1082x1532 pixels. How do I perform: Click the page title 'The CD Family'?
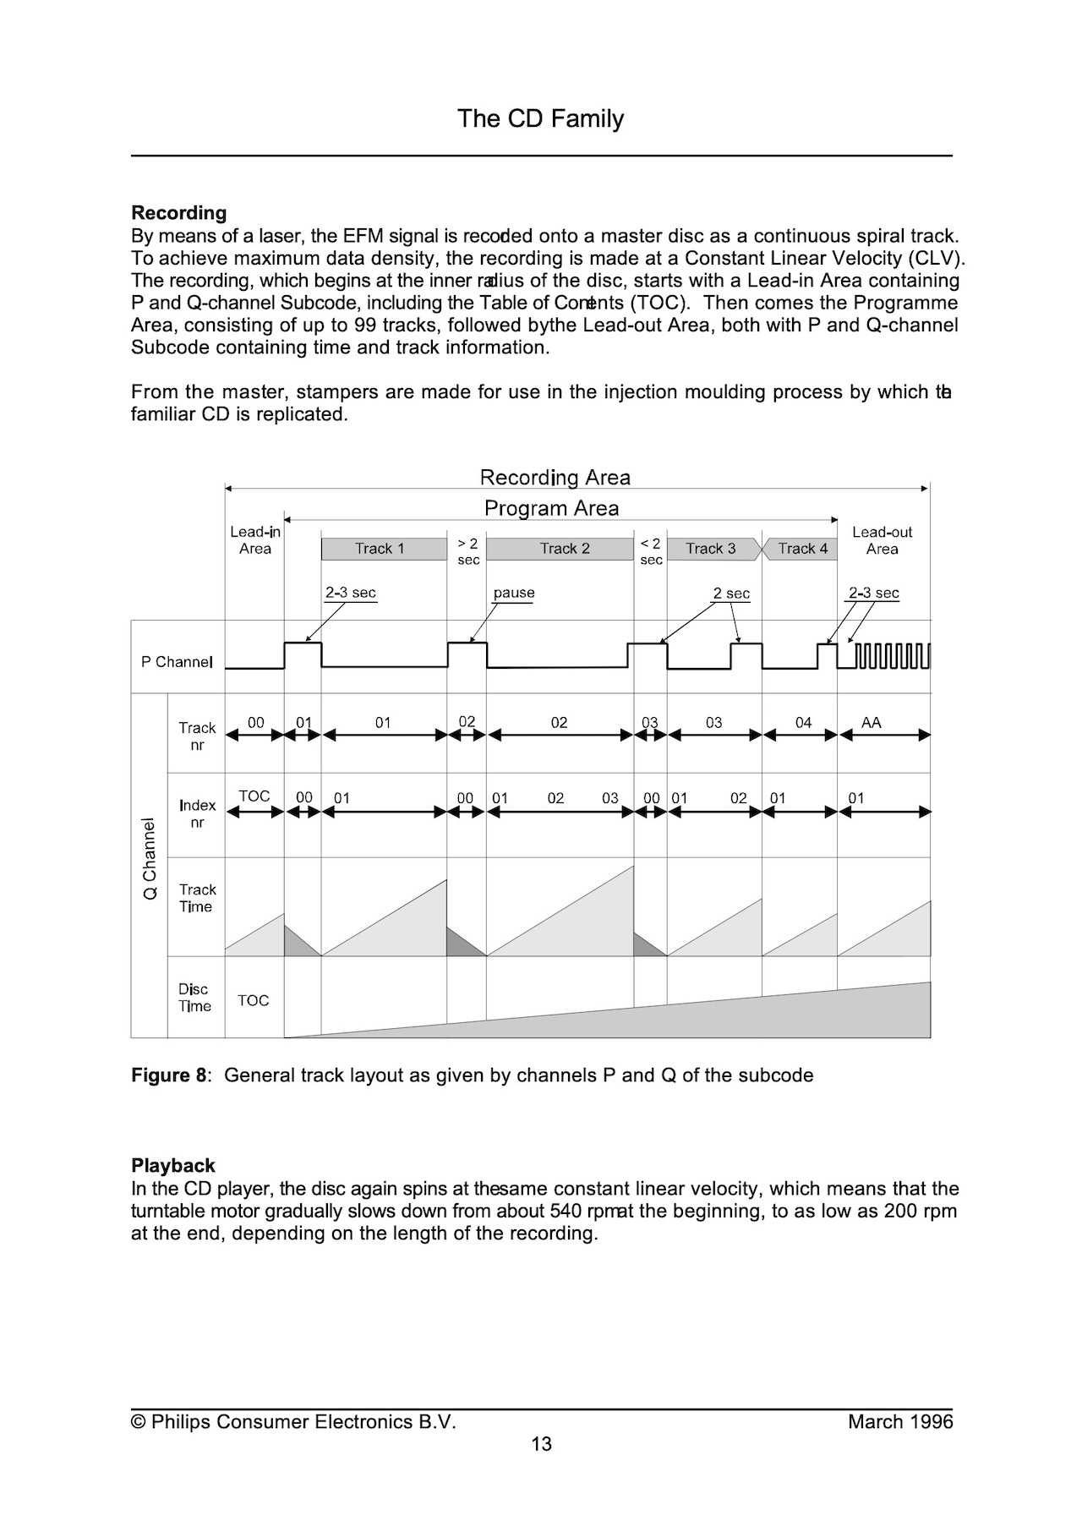tap(540, 118)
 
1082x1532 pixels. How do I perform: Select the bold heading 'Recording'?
tap(179, 213)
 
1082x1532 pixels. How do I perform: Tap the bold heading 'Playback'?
tap(173, 1166)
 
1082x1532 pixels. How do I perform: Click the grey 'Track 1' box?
tap(383, 549)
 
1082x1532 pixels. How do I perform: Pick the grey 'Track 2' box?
tap(560, 549)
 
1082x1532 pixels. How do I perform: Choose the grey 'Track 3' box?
tap(711, 549)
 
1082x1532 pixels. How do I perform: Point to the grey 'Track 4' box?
tap(801, 549)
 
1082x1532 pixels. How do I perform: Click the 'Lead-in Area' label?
tap(254, 540)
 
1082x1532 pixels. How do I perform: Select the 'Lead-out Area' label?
tap(882, 540)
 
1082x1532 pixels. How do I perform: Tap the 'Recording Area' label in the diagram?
tap(555, 478)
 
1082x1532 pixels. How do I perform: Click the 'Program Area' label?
tap(551, 508)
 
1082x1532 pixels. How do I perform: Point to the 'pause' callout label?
tap(514, 593)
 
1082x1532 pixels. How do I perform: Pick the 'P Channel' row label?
tap(177, 662)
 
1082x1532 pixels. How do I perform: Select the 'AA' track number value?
tap(871, 723)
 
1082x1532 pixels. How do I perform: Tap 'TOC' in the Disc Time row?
tap(253, 1001)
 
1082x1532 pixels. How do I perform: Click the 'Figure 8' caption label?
tap(169, 1075)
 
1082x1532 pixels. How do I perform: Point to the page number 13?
tap(541, 1443)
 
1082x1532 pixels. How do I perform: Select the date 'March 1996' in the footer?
tap(899, 1421)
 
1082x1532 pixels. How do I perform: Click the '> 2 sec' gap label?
tap(467, 551)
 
